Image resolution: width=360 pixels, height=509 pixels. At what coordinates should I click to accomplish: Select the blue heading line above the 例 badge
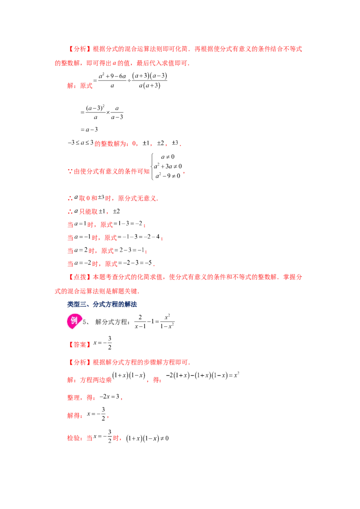point(101,304)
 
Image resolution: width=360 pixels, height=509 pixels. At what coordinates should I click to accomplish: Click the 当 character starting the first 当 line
point(69,224)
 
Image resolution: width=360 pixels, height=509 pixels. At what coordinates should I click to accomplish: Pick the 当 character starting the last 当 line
point(69,263)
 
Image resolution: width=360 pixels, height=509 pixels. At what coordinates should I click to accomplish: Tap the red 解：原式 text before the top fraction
point(79,84)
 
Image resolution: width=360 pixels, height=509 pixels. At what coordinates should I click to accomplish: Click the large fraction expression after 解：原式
point(130,81)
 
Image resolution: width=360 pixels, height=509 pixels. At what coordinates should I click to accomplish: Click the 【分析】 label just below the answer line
point(80,362)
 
